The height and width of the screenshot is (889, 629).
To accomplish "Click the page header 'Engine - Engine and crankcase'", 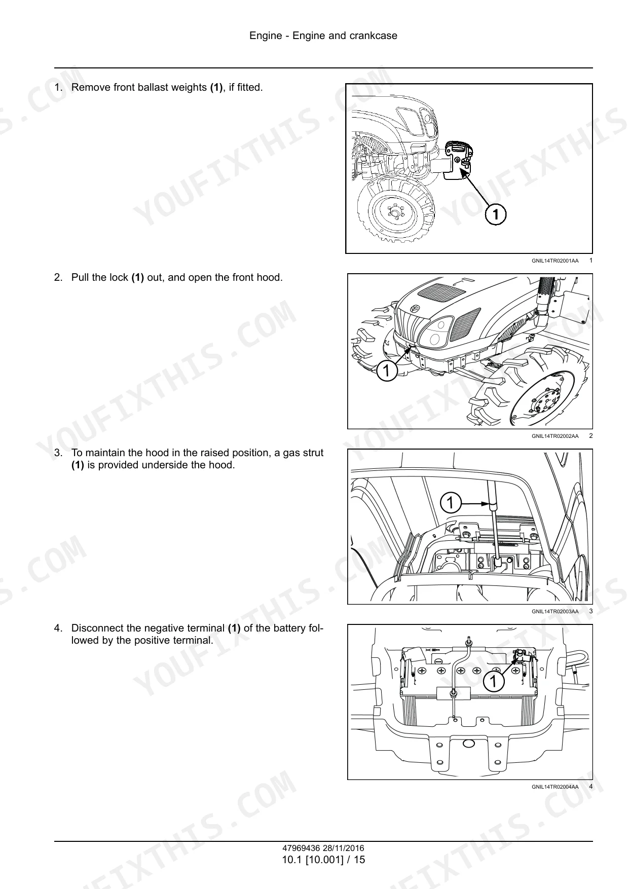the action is point(323,35).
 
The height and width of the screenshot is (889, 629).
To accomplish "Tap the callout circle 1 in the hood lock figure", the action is point(386,371).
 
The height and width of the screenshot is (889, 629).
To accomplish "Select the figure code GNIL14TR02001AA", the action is point(554,261).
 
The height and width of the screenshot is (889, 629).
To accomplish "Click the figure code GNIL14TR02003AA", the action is point(554,612).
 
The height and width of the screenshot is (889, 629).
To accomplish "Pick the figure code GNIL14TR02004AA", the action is point(554,787).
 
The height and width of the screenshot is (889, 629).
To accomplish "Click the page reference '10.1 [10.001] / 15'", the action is point(323,860).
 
